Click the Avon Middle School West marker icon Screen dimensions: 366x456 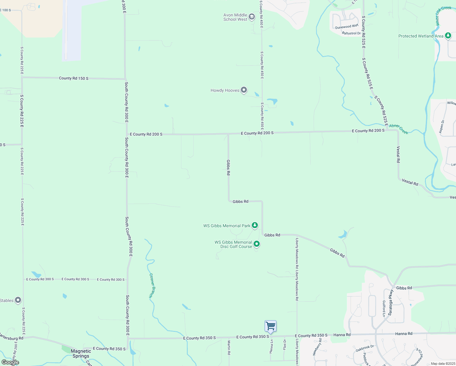(252, 17)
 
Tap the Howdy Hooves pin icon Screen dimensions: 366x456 (244, 90)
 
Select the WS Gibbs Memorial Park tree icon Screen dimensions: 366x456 (255, 225)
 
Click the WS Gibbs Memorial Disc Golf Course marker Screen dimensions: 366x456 (257, 244)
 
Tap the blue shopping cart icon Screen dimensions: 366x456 (270, 326)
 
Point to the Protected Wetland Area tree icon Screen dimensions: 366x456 (448, 36)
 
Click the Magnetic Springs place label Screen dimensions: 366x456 (81, 353)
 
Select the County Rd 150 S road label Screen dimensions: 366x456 (73, 78)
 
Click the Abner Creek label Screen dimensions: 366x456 (399, 129)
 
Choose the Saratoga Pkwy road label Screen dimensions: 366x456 (391, 303)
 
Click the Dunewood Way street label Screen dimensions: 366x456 (347, 27)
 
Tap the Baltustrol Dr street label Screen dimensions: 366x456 (351, 33)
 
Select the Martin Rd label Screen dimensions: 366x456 (229, 348)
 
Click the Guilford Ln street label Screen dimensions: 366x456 (384, 308)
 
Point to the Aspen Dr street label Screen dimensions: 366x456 (441, 126)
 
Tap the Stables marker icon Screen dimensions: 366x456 (18, 300)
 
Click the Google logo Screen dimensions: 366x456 (10, 362)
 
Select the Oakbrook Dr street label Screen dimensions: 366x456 (365, 348)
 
